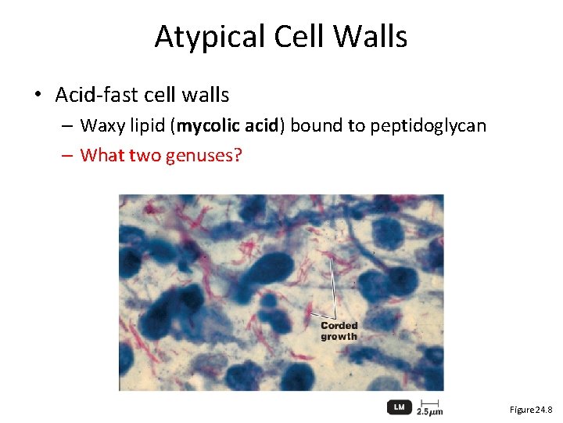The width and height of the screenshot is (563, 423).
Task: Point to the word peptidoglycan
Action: pos(428,126)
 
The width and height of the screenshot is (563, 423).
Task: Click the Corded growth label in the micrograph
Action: pos(339,331)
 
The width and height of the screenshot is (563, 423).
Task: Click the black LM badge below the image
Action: pos(398,407)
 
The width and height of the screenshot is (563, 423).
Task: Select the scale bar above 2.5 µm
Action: pos(429,402)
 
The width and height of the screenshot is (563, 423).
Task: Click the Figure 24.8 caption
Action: pos(531,410)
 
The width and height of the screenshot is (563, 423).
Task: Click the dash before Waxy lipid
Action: pos(68,126)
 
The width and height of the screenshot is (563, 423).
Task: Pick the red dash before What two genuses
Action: pos(68,155)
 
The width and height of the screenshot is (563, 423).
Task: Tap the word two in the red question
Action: pos(145,155)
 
